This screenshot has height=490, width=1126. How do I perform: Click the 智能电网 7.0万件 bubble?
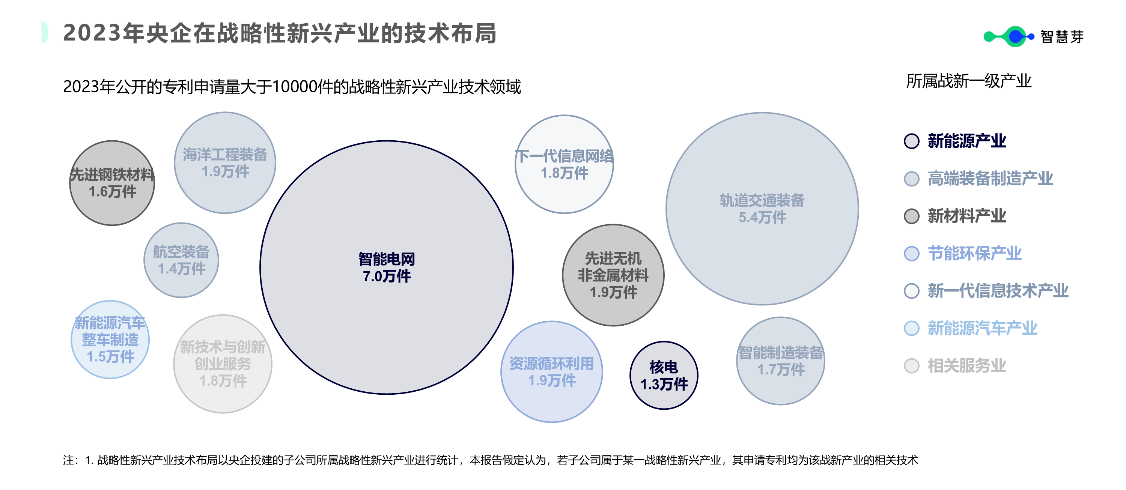(387, 267)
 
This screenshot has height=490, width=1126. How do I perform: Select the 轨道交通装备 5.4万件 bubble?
(762, 209)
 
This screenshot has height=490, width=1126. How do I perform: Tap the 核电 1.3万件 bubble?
(664, 376)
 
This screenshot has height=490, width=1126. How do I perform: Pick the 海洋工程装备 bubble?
(225, 162)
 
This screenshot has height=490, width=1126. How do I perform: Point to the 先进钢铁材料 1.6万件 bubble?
(112, 183)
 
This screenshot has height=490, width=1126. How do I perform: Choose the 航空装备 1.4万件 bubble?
(181, 260)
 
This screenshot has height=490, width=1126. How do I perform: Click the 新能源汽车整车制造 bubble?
(110, 340)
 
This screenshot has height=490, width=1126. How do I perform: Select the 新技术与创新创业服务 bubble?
(223, 364)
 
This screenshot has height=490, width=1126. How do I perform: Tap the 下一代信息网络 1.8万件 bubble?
(564, 164)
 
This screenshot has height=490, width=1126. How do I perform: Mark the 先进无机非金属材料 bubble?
(613, 275)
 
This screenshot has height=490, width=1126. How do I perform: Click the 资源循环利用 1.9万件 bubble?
(552, 371)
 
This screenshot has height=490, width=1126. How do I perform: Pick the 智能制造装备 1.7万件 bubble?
(781, 361)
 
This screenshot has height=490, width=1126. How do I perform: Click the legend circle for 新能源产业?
(911, 141)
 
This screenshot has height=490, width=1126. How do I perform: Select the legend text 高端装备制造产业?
(990, 178)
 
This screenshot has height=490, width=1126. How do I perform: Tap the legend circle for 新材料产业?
(911, 216)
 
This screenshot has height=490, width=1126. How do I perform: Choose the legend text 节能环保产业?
(974, 254)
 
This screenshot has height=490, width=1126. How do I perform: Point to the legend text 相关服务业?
(967, 366)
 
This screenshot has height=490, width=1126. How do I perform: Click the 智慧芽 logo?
(1033, 37)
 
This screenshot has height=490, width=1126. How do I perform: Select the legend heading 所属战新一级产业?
(969, 81)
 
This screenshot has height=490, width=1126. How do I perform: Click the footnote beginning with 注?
(489, 460)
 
